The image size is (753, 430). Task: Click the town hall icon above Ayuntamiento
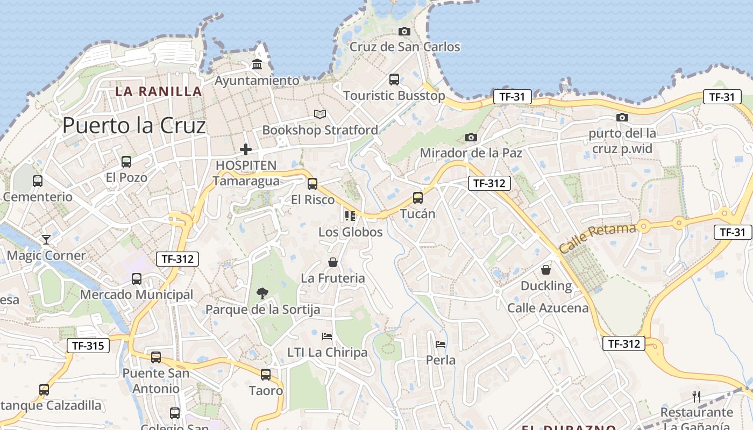(x=257, y=64)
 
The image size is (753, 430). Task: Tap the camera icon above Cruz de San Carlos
(x=404, y=32)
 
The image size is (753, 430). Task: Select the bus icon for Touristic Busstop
(x=394, y=80)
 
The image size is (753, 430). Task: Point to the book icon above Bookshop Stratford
(x=320, y=114)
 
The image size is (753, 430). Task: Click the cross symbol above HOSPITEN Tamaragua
(x=246, y=149)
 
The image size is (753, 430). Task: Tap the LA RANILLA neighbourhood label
(x=159, y=91)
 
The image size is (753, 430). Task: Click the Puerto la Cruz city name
(x=134, y=126)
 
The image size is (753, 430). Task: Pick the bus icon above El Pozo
(x=126, y=161)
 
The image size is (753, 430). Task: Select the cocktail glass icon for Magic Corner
(x=46, y=240)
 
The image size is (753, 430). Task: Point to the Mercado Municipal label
(x=136, y=295)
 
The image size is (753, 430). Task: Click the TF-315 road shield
(x=88, y=346)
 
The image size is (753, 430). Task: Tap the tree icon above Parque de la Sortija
(x=262, y=293)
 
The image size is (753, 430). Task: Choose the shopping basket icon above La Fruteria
(x=333, y=262)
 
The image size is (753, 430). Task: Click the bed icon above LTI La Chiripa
(x=327, y=336)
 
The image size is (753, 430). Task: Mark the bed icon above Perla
(x=441, y=344)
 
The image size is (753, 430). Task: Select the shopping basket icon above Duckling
(x=546, y=270)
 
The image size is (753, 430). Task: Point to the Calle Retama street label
(x=597, y=239)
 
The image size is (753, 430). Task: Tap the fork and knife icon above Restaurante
(x=697, y=397)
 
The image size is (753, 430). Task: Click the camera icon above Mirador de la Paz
(x=471, y=138)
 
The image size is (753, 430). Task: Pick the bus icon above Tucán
(x=418, y=198)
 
